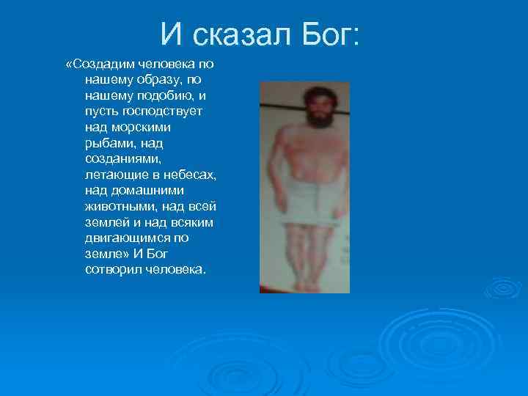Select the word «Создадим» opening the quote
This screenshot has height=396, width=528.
click(x=102, y=65)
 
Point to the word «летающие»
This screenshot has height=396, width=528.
click(x=114, y=175)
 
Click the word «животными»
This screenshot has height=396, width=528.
click(x=117, y=207)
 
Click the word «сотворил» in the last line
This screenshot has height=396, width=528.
click(x=111, y=270)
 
